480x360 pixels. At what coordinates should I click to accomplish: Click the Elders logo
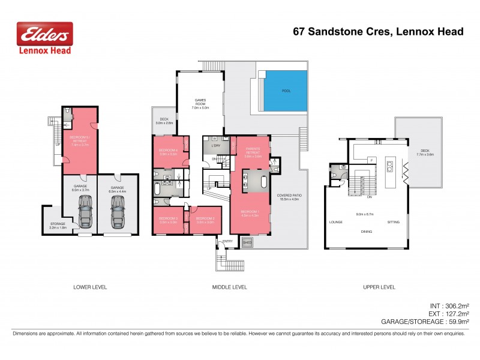pos(44,38)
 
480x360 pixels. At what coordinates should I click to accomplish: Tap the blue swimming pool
pos(286,91)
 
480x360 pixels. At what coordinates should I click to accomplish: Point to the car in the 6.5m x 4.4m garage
pos(116,211)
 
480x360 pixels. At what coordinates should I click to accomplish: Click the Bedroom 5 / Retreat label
pos(80,142)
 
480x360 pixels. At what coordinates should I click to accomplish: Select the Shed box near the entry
pos(247,242)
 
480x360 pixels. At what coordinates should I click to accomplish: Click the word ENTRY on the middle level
pos(227,241)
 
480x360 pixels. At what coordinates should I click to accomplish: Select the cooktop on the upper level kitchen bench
pos(378,142)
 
